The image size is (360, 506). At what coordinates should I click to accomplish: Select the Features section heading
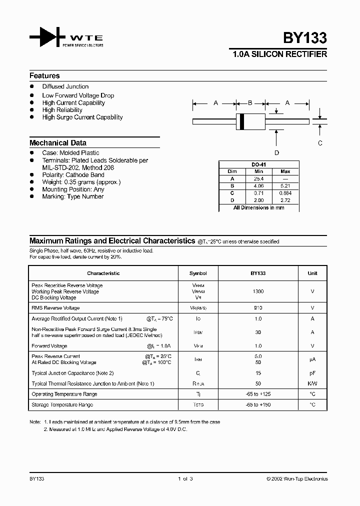pyautogui.click(x=44, y=76)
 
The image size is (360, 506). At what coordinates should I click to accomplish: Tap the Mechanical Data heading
pyautogui.click(x=57, y=143)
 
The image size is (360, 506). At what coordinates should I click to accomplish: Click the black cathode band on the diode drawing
pyautogui.click(x=242, y=121)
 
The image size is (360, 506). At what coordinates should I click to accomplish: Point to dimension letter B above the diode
pyautogui.click(x=250, y=103)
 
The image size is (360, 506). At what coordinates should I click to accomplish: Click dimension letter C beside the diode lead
pyautogui.click(x=320, y=143)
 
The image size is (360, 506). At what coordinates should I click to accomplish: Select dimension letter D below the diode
pyautogui.click(x=276, y=153)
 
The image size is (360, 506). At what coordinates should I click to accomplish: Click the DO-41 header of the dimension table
pyautogui.click(x=258, y=164)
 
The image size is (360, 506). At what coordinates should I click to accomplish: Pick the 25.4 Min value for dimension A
pyautogui.click(x=258, y=178)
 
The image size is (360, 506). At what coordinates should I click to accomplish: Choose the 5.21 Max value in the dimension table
pyautogui.click(x=285, y=185)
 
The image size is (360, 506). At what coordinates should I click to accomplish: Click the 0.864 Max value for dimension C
pyautogui.click(x=285, y=193)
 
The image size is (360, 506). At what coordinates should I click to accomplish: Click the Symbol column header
pyautogui.click(x=198, y=273)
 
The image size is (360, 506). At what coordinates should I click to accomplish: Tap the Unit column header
pyautogui.click(x=312, y=273)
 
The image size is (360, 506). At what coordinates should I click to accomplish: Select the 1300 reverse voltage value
pyautogui.click(x=258, y=291)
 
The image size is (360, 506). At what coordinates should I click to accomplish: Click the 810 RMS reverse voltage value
pyautogui.click(x=258, y=308)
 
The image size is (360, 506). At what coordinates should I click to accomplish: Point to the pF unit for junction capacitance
pyautogui.click(x=312, y=373)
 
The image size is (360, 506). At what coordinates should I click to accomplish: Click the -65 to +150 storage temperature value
pyautogui.click(x=258, y=404)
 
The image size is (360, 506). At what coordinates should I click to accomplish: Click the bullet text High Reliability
pyautogui.click(x=62, y=110)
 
